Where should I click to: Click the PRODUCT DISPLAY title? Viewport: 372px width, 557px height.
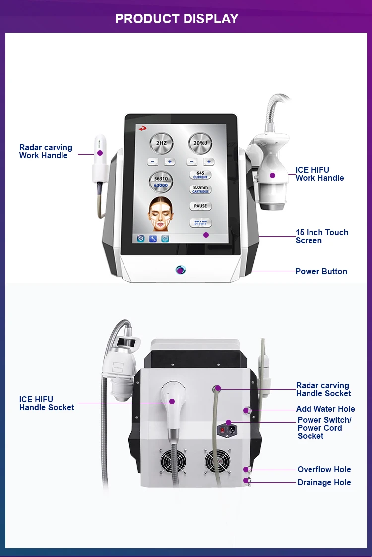[x=177, y=19]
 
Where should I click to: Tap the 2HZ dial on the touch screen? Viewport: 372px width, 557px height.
[x=161, y=144]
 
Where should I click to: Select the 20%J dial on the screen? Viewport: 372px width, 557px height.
[x=200, y=144]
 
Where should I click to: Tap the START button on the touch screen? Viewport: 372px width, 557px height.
[x=200, y=223]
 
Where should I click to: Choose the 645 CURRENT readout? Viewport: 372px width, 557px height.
[x=200, y=175]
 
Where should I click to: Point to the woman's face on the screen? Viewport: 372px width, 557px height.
[x=161, y=213]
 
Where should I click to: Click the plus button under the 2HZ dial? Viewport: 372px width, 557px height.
[x=169, y=162]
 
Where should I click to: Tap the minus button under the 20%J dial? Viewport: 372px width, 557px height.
[x=192, y=162]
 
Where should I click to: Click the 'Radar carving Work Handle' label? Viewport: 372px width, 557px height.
[x=46, y=151]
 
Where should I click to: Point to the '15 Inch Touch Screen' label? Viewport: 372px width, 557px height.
[x=321, y=236]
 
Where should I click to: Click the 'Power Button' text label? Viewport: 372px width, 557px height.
[x=321, y=271]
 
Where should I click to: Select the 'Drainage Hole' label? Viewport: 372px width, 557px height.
[x=324, y=482]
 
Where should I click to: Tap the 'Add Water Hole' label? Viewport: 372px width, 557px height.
[x=325, y=409]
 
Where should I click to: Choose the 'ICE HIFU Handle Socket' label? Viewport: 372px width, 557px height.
[x=47, y=403]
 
